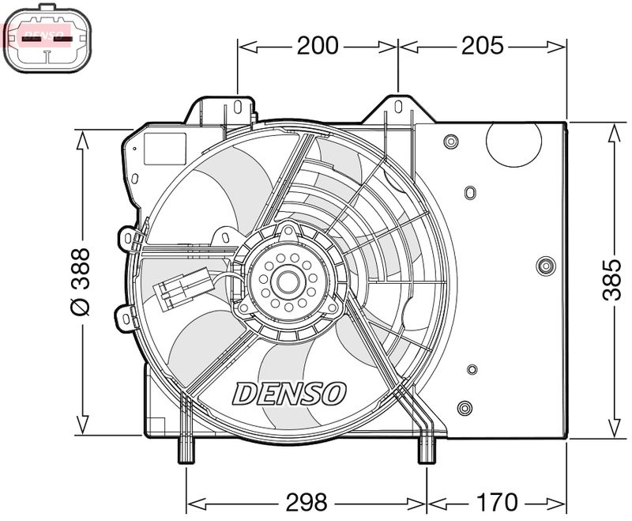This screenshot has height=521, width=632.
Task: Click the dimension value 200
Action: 318,46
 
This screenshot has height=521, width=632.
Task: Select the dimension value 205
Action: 482,46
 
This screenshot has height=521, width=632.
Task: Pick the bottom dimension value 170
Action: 498,501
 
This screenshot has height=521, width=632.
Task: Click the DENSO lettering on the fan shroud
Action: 290,392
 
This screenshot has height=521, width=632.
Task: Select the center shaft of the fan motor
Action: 288,281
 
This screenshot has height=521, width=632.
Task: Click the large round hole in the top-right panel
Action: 513,141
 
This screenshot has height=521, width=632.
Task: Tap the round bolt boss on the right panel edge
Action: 545,266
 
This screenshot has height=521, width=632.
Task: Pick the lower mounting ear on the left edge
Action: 125,318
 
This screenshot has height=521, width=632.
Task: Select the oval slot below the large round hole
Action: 471,193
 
